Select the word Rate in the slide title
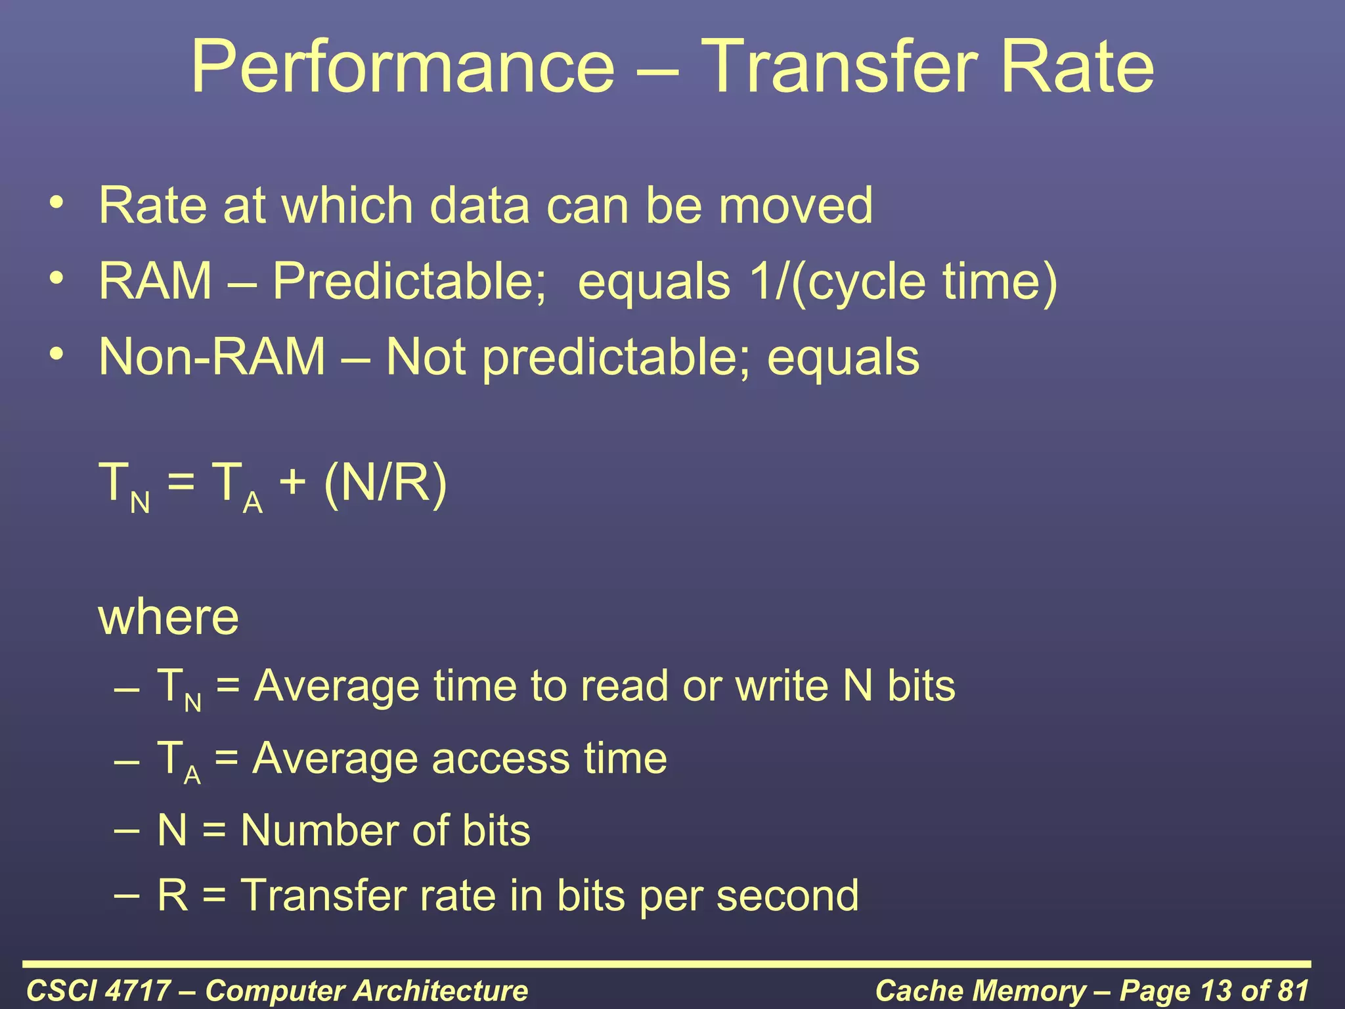(x=1076, y=66)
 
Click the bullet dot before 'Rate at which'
(x=57, y=202)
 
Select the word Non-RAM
(x=212, y=357)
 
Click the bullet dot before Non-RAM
(x=57, y=354)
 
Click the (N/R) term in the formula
(x=386, y=483)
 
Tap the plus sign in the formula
(x=292, y=483)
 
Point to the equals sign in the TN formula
(x=181, y=483)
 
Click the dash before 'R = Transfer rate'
(x=126, y=895)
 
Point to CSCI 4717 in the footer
(x=99, y=991)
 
